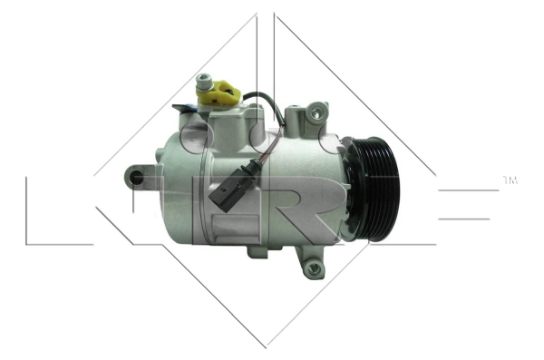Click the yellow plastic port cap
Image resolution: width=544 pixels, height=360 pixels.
219,92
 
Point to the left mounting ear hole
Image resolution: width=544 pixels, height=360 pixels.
136,178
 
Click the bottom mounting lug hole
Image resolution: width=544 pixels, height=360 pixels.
315,268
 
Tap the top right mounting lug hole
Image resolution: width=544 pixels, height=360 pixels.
316,112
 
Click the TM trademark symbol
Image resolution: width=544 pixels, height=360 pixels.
510,180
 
